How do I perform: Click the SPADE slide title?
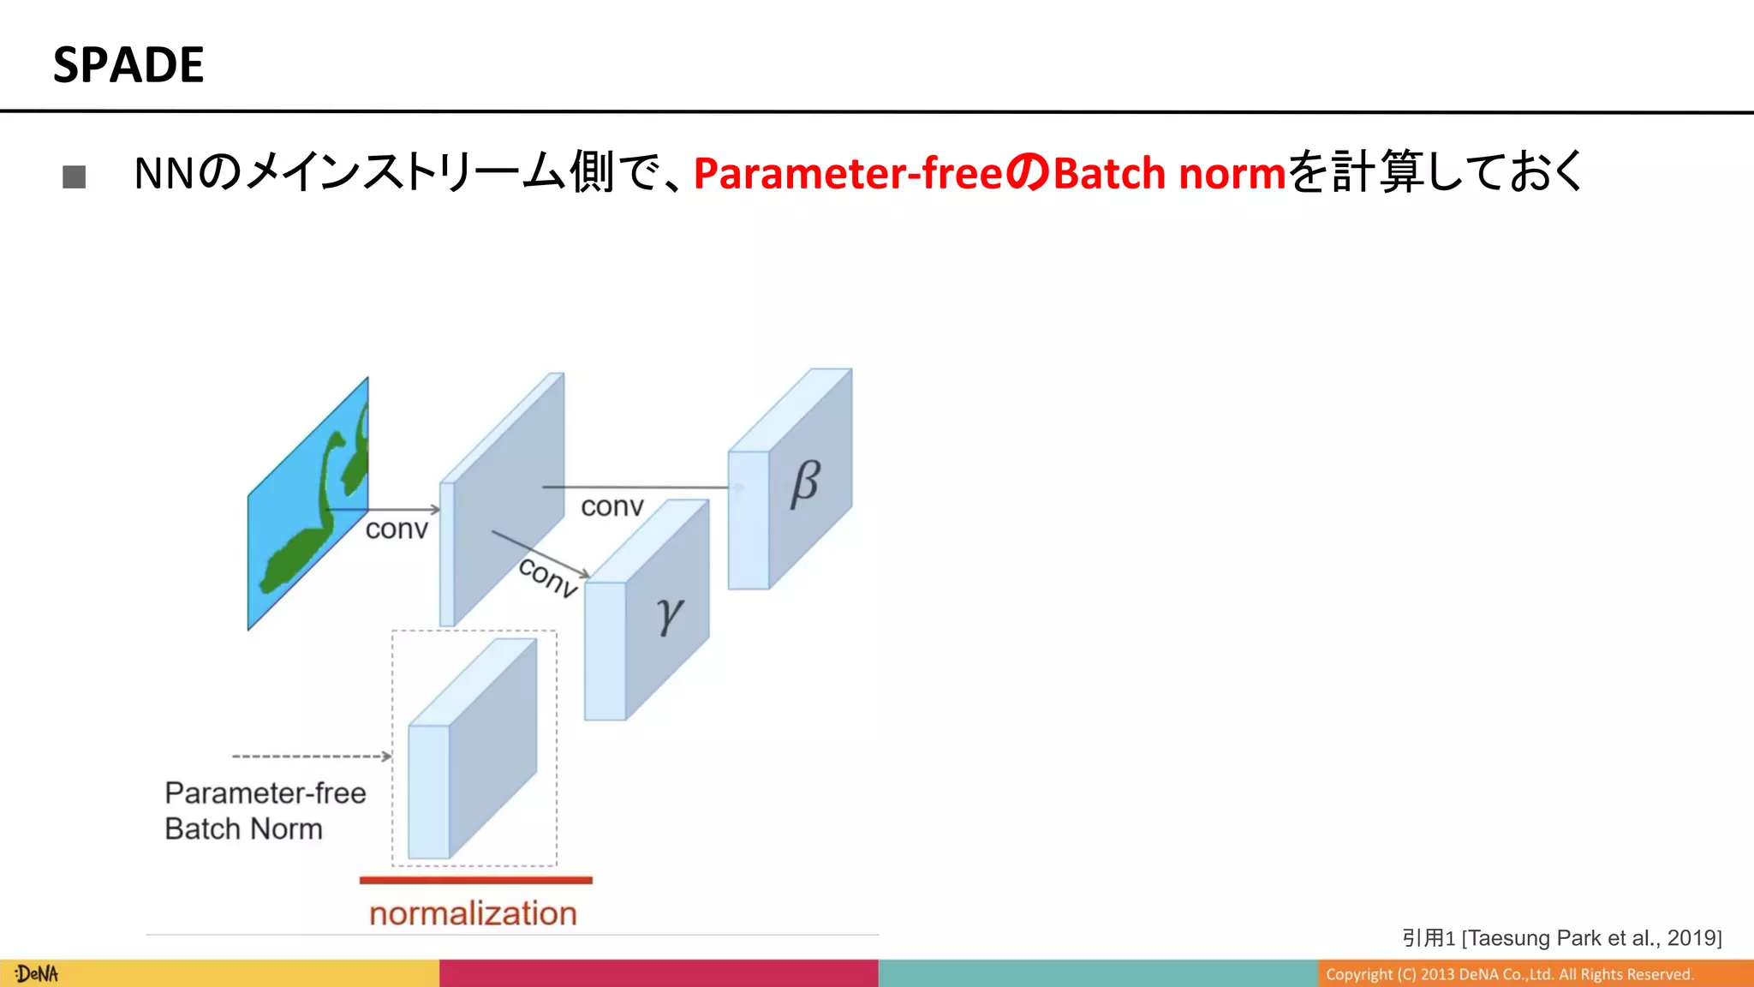coord(128,65)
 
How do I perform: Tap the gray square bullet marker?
coord(75,176)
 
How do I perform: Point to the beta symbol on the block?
coord(804,484)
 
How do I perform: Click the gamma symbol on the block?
coord(669,614)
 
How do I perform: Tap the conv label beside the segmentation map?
coord(396,529)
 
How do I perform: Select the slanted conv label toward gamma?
coord(548,577)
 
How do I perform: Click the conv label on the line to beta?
coord(612,506)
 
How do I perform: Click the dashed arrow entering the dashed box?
coord(312,757)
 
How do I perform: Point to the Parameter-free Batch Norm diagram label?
coord(264,811)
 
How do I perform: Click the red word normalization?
coord(473,913)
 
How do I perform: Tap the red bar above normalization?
coord(475,880)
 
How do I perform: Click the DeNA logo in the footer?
coord(37,974)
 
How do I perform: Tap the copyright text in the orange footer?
coord(1509,974)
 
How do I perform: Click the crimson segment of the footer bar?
coord(658,973)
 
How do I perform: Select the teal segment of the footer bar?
coord(1097,973)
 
